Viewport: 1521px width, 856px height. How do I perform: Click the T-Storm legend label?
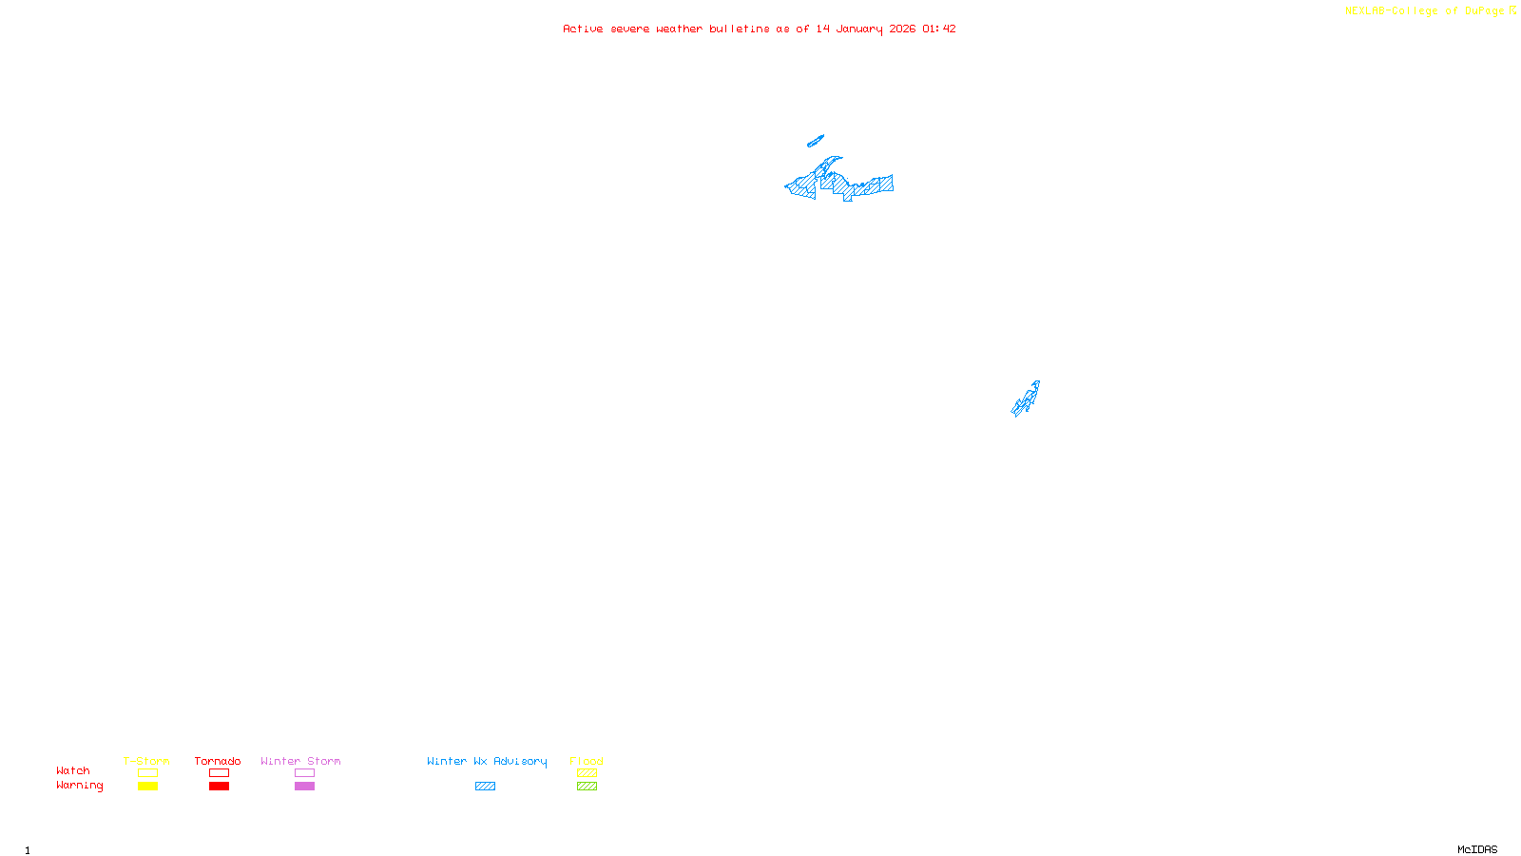pos(146,761)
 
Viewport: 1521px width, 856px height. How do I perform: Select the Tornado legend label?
pos(218,761)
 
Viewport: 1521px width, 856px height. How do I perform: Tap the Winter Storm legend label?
pos(300,761)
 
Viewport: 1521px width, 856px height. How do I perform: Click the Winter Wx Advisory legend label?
pos(487,761)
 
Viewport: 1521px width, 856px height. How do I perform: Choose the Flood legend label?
pos(587,761)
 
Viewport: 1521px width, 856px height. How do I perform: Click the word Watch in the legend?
pos(73,770)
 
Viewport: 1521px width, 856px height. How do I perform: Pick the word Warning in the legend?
pos(79,786)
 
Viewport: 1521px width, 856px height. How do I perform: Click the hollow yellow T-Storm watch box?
pos(147,773)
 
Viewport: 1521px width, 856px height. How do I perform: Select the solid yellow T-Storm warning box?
pos(147,787)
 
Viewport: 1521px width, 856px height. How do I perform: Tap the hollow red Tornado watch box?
pos(219,773)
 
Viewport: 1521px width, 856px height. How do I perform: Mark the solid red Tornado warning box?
pos(219,787)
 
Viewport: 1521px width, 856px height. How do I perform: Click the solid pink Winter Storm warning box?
pos(304,787)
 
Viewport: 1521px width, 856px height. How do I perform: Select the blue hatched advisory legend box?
pos(485,787)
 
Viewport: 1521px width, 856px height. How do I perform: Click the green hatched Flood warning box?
pos(587,787)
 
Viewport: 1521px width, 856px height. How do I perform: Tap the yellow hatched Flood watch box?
pos(587,773)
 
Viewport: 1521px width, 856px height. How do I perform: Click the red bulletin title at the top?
pos(759,29)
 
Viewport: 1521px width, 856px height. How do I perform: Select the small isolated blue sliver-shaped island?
pos(815,142)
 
